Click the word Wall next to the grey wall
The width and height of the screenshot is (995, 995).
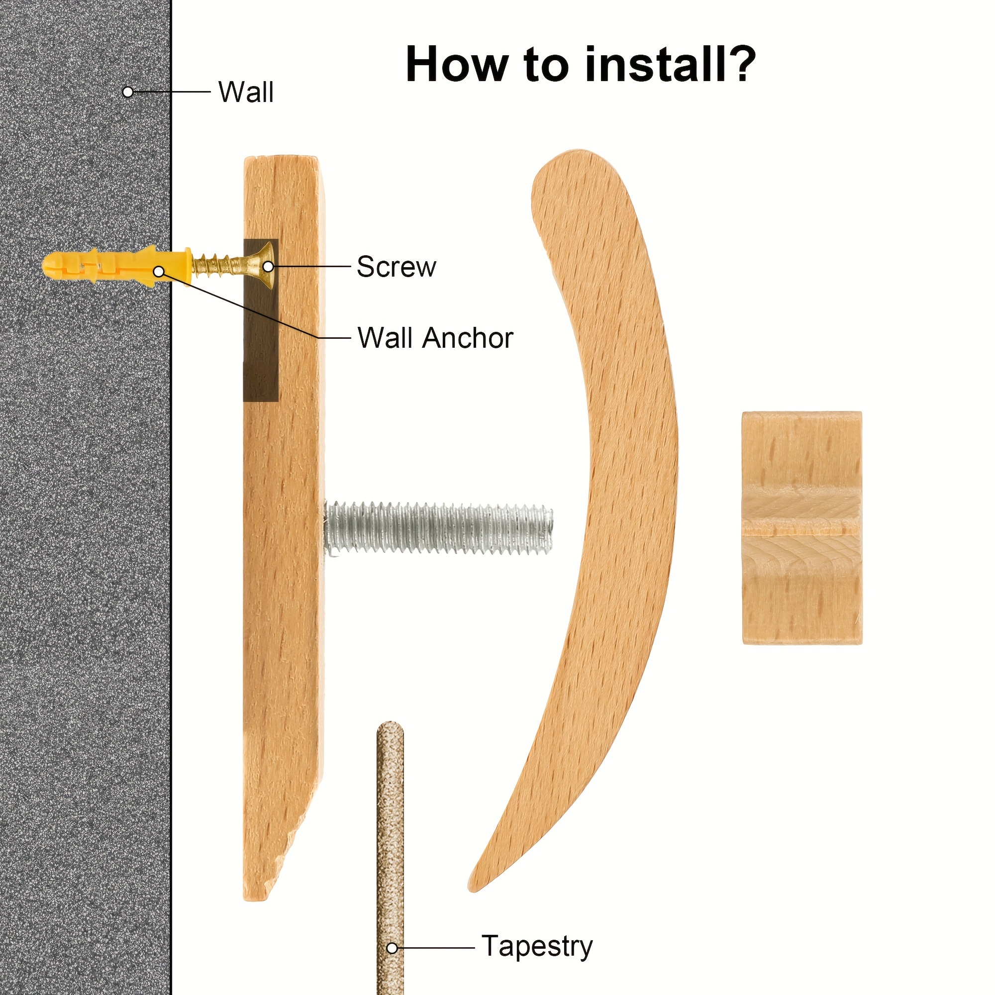pyautogui.click(x=246, y=92)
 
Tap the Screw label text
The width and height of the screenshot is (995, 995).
pyautogui.click(x=396, y=267)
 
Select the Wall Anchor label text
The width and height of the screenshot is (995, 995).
pyautogui.click(x=435, y=338)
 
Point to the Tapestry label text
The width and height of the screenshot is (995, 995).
pyautogui.click(x=537, y=947)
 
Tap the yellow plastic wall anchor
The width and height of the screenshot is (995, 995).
pyautogui.click(x=117, y=266)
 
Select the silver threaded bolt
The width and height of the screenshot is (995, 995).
pyautogui.click(x=439, y=529)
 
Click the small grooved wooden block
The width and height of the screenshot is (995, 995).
pyautogui.click(x=802, y=527)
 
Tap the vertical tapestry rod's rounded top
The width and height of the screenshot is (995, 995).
pyautogui.click(x=390, y=727)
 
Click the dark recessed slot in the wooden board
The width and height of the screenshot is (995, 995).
pyautogui.click(x=261, y=320)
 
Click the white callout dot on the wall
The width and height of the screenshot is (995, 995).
pyautogui.click(x=128, y=92)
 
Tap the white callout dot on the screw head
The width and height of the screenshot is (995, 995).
pyautogui.click(x=268, y=267)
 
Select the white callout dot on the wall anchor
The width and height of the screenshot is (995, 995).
pyautogui.click(x=160, y=272)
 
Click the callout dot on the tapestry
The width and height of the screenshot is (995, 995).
pyautogui.click(x=393, y=948)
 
